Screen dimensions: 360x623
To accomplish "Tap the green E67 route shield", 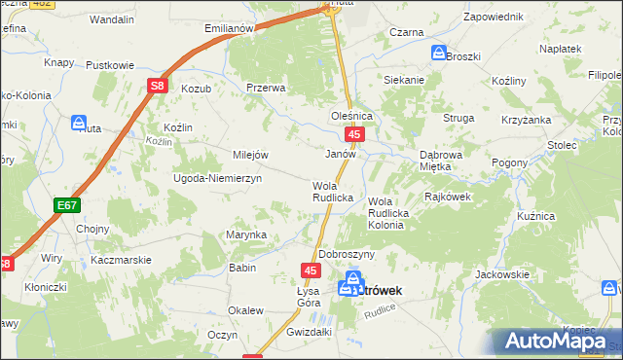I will (x=66, y=205).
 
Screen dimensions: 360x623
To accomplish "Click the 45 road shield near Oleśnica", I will (x=356, y=134).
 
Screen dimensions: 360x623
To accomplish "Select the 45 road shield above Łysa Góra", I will (x=311, y=270).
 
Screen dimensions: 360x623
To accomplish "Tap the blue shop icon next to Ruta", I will (x=79, y=122).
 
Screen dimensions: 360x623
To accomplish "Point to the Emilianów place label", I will (x=230, y=28).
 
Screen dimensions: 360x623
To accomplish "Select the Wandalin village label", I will (x=111, y=18).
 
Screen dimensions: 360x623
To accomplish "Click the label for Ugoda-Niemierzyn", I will (x=217, y=180).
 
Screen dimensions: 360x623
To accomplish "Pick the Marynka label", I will (x=246, y=234).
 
